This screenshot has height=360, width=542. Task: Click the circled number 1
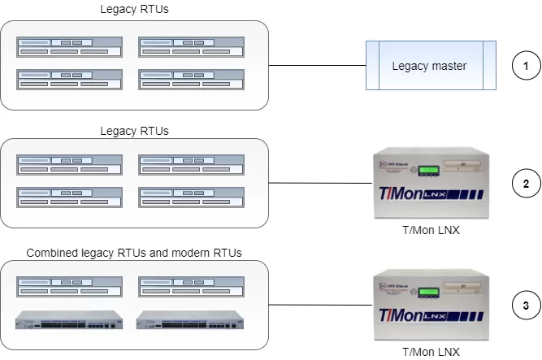[526, 66]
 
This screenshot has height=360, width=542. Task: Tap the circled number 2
[526, 184]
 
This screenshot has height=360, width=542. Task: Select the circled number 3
[526, 306]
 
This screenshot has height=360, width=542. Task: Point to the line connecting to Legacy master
[317, 65]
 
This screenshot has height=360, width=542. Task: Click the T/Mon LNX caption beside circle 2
[431, 230]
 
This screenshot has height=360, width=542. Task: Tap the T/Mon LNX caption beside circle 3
[431, 352]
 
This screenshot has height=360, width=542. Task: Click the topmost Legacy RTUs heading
[134, 10]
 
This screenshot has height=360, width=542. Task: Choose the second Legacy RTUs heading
[134, 130]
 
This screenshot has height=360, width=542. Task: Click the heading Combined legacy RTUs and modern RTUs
[134, 253]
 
